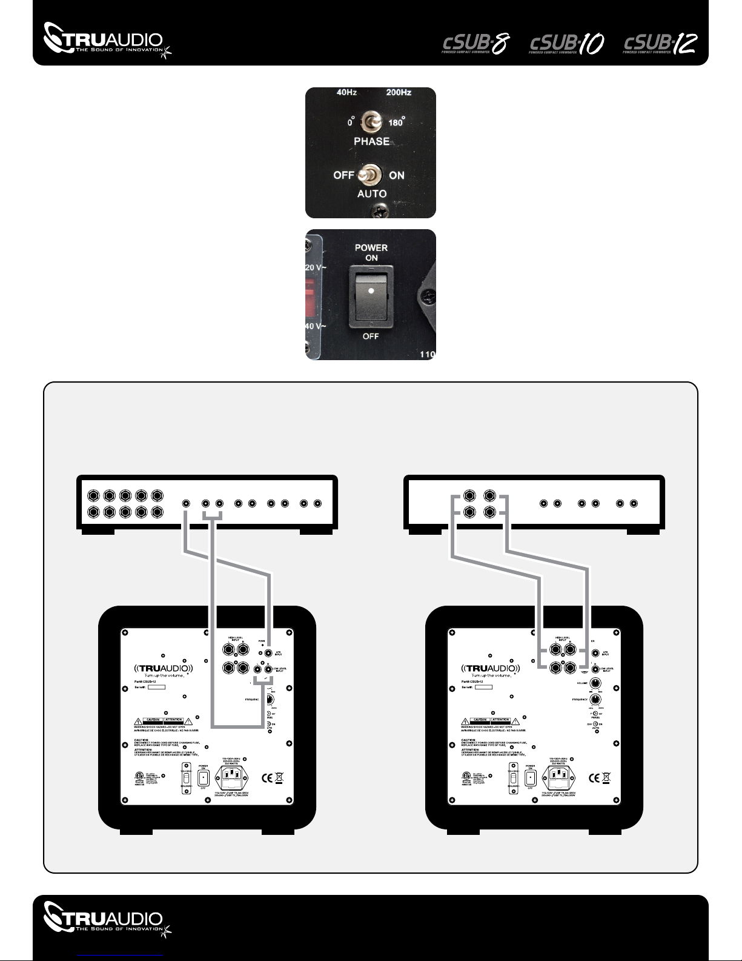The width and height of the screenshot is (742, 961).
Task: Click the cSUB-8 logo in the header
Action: click(475, 44)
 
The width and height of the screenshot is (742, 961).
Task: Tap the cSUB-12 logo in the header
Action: click(660, 44)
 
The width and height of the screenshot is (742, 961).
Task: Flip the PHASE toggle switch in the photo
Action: click(369, 122)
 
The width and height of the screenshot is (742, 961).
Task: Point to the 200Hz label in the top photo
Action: click(399, 93)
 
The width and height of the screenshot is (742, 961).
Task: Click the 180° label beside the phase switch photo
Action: click(396, 122)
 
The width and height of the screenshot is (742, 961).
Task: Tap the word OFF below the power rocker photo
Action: click(371, 336)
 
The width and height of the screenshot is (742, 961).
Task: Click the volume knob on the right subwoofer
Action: click(596, 683)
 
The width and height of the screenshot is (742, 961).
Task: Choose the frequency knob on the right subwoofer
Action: click(596, 699)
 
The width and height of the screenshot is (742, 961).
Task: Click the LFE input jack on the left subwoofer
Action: click(268, 653)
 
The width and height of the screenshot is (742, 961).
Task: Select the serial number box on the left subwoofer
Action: click(156, 687)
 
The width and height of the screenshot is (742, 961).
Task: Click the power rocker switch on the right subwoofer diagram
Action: click(531, 777)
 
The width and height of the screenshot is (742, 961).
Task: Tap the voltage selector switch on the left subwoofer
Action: click(187, 777)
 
